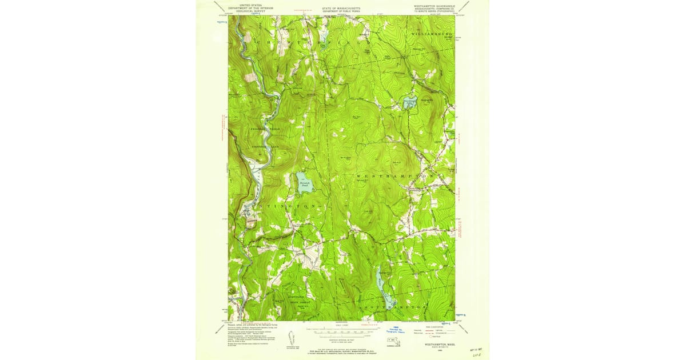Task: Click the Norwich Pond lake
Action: pos(304,182)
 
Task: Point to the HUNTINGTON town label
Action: pos(280,205)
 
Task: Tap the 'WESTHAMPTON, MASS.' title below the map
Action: pos(440,345)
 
